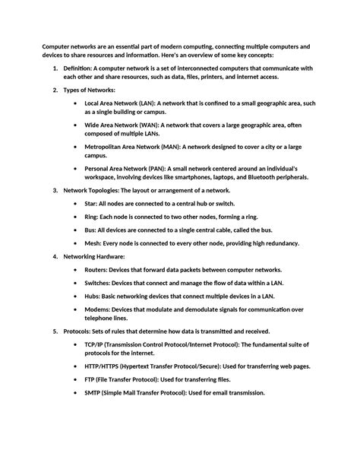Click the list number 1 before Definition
[x=54, y=68]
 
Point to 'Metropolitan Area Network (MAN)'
[x=134, y=146]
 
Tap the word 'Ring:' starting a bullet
[x=92, y=217]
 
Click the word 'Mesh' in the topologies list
[x=93, y=243]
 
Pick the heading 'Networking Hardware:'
[x=93, y=257]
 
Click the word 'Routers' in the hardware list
[x=97, y=270]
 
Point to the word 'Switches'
[x=99, y=284]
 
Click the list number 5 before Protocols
[x=54, y=331]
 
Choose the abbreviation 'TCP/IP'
[x=95, y=344]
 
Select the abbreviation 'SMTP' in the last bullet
[x=93, y=393]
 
